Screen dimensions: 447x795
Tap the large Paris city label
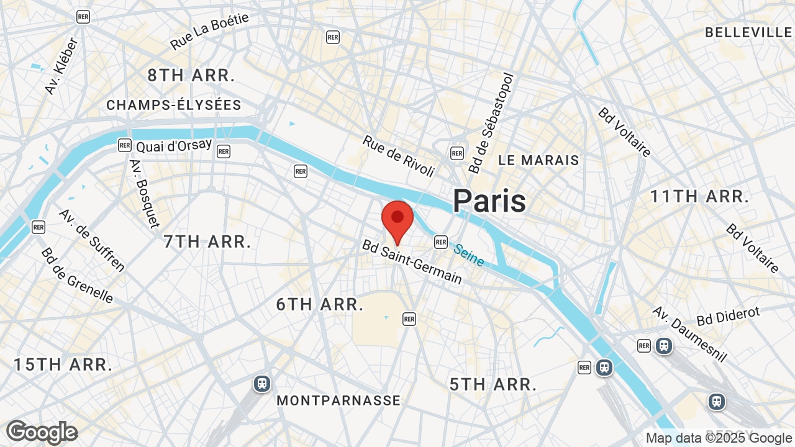[x=489, y=201]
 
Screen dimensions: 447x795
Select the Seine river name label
[x=468, y=255]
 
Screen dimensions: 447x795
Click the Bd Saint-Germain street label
[x=412, y=263]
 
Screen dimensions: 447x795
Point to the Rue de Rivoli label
[x=399, y=156]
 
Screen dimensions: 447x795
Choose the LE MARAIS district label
[x=538, y=160]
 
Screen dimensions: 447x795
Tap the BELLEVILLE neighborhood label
[x=748, y=32]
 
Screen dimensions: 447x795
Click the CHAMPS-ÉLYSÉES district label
[x=174, y=105]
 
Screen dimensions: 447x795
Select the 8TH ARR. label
[x=191, y=76]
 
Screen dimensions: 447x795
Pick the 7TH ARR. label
[x=207, y=242]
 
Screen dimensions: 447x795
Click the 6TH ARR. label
[x=320, y=304]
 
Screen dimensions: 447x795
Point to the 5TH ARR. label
[x=493, y=384]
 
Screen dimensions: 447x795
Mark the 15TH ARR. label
[x=63, y=364]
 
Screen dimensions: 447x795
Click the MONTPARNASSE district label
[x=338, y=400]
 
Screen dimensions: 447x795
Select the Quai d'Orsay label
[x=174, y=146]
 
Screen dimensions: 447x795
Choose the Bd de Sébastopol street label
[x=491, y=123]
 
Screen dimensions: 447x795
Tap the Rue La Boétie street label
[x=209, y=31]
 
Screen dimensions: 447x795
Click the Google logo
[x=42, y=432]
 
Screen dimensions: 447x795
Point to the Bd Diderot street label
[x=728, y=316]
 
